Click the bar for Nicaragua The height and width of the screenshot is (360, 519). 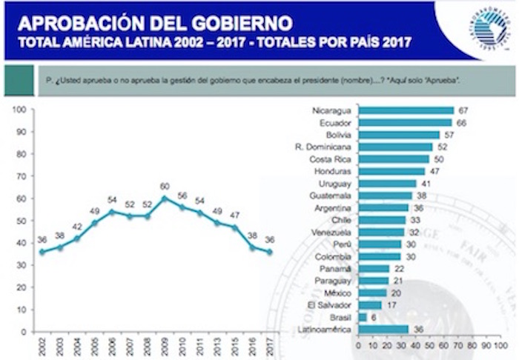(406, 110)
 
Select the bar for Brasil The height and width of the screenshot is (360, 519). (363, 316)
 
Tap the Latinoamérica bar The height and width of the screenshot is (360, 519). (383, 329)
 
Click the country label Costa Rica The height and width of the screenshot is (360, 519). (330, 159)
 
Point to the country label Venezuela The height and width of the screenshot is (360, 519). (331, 231)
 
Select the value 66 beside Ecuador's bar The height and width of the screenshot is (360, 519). (461, 122)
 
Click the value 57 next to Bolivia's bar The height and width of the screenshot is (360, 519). (449, 135)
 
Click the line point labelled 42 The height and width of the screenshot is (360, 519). (76, 238)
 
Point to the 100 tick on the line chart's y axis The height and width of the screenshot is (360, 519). (21, 109)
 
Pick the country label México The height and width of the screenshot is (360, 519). (334, 292)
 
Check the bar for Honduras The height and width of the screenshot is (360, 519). (392, 171)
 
